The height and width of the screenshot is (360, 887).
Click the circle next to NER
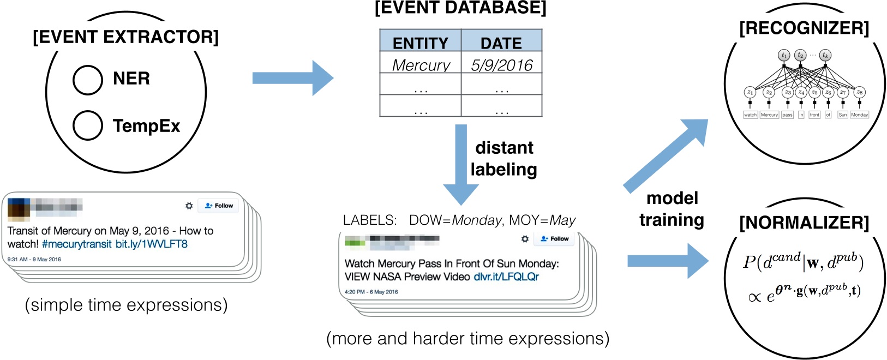(87, 80)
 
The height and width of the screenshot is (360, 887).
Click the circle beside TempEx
(87, 125)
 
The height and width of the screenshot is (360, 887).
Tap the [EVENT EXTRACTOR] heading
(125, 37)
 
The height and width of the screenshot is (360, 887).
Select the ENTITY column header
(420, 43)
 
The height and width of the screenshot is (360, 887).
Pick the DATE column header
(501, 43)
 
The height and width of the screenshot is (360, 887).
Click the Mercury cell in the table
(421, 65)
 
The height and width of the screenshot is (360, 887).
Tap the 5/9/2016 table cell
(501, 65)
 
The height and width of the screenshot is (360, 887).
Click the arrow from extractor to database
(292, 78)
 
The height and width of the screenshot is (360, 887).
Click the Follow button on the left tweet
(219, 206)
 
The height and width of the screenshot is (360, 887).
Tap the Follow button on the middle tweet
(555, 239)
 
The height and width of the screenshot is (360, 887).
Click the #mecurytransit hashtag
(76, 244)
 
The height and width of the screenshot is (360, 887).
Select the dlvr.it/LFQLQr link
(506, 277)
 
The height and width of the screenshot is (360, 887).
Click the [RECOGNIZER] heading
(804, 28)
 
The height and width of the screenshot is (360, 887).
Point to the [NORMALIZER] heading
(804, 223)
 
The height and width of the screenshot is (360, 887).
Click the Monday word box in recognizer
(859, 115)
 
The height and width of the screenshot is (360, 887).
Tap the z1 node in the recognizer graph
(750, 92)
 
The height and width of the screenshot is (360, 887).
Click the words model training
(672, 209)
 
